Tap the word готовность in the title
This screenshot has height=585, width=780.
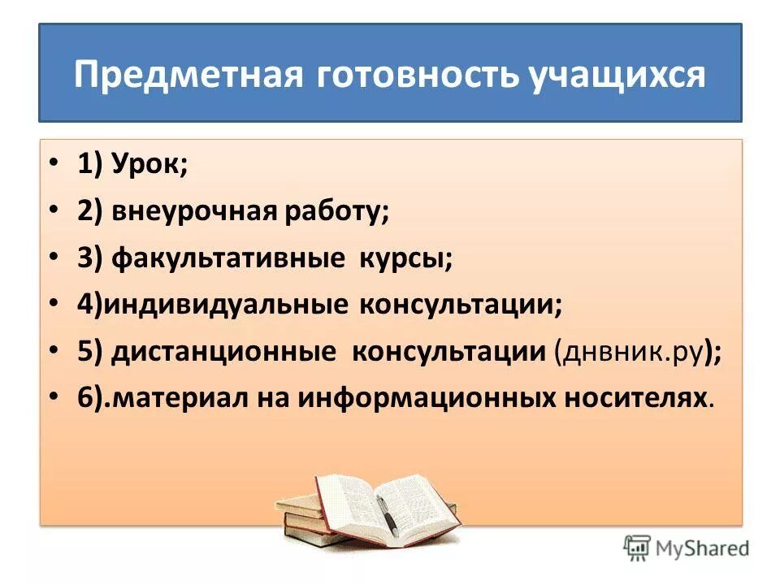click(x=414, y=75)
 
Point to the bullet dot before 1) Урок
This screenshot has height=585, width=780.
click(x=54, y=165)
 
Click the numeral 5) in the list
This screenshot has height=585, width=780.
click(x=89, y=352)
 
